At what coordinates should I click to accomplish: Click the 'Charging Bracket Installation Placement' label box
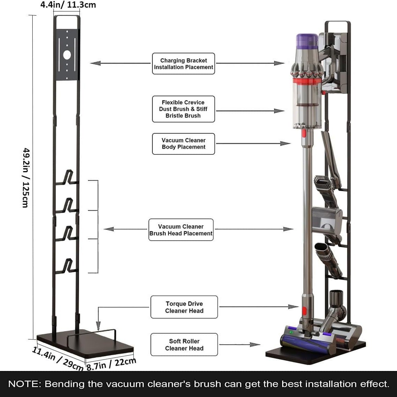coord(183,64)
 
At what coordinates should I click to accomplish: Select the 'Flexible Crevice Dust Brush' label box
coord(183,109)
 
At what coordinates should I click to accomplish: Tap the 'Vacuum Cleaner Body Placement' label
coord(183,144)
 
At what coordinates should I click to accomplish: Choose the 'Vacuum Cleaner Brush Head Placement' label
coord(181,230)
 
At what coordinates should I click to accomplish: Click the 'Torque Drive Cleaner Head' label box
coord(184,307)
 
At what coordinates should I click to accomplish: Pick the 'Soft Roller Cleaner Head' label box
coord(184,345)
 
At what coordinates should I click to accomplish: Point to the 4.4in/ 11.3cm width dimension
coord(68,5)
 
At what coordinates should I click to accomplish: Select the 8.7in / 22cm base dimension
coord(111,364)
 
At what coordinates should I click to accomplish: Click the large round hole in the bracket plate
coord(67,55)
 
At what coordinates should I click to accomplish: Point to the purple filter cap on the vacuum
coord(307,41)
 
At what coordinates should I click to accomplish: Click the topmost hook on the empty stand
coord(67,178)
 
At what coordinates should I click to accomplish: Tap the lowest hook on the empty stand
coord(67,267)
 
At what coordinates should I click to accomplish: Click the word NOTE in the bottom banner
coord(24,384)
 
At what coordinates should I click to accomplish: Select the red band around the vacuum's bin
coord(307,81)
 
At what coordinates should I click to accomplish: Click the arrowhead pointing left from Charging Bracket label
coord(95,63)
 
